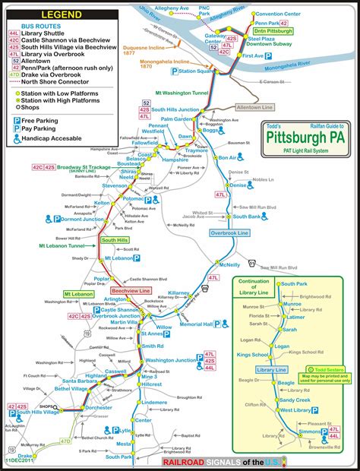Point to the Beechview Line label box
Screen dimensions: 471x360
point(129,291)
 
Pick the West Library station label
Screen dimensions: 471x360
point(296,410)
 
